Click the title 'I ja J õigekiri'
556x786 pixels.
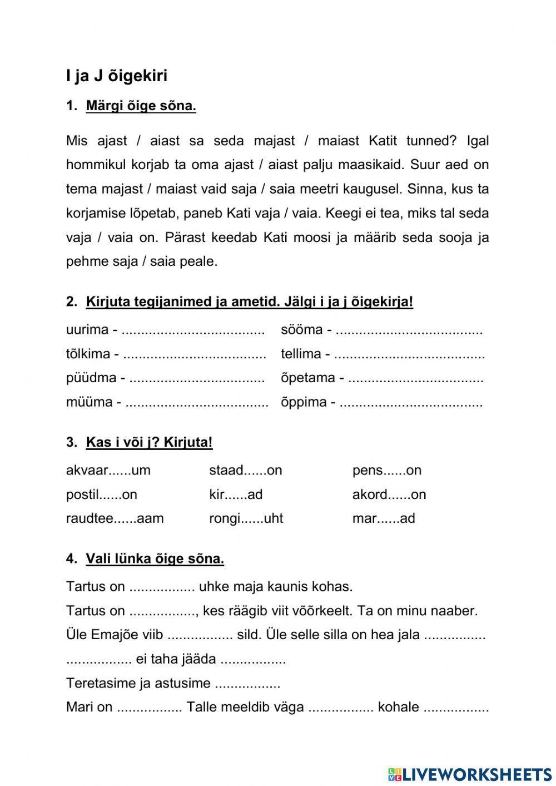pyautogui.click(x=116, y=76)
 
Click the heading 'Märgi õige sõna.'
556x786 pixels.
pyautogui.click(x=141, y=106)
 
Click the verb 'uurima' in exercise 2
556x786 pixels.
pyautogui.click(x=87, y=330)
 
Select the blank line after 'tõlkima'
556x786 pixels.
pyautogui.click(x=194, y=354)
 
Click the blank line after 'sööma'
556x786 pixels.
pyautogui.click(x=409, y=330)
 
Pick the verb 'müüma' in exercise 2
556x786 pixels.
pyautogui.click(x=89, y=402)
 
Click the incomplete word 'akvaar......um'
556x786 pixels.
pyautogui.click(x=108, y=471)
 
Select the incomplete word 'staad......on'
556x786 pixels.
pyautogui.click(x=245, y=471)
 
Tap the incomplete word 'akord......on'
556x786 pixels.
pyautogui.click(x=389, y=495)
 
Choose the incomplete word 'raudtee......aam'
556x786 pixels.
pyautogui.click(x=115, y=518)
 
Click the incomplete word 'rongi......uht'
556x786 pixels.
pyautogui.click(x=246, y=518)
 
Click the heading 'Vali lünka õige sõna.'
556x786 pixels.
pyautogui.click(x=155, y=559)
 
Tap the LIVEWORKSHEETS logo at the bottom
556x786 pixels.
pyautogui.click(x=470, y=774)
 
